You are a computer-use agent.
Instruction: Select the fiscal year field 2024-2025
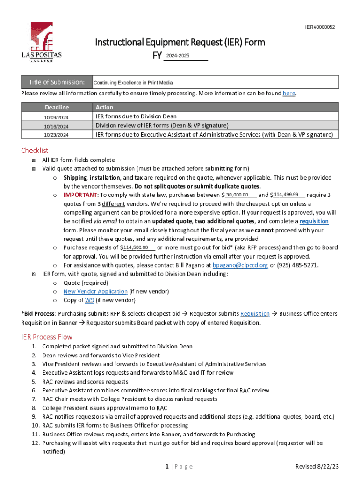[x=184, y=56]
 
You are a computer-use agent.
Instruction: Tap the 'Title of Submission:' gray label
[x=57, y=82]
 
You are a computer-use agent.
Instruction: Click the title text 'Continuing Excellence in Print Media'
[x=133, y=83]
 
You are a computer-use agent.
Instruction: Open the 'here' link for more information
[x=288, y=94]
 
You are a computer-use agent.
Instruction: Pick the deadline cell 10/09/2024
[x=56, y=117]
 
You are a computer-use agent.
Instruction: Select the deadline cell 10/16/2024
[x=56, y=126]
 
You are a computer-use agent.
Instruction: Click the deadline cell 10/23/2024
[x=56, y=135]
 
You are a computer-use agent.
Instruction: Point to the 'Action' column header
[x=104, y=107]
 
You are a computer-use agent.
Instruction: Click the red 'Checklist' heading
[x=35, y=150]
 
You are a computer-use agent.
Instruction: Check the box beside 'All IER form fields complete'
[x=33, y=160]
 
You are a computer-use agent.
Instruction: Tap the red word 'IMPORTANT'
[x=80, y=195]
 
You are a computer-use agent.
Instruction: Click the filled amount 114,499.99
[x=286, y=195]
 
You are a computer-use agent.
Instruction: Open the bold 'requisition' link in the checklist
[x=314, y=221]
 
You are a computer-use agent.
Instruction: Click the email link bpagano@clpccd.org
[x=240, y=265]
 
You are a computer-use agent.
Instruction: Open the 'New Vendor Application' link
[x=95, y=291]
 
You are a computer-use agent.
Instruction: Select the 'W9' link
[x=89, y=300]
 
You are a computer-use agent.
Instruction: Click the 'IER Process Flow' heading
[x=47, y=337]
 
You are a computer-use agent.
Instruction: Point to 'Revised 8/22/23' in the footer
[x=317, y=467]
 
